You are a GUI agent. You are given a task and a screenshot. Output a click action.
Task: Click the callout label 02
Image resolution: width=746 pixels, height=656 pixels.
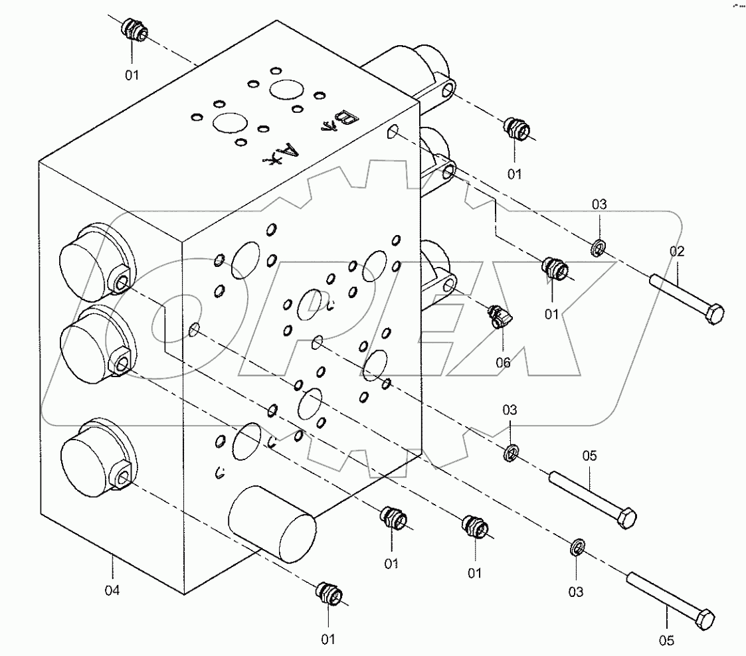676,252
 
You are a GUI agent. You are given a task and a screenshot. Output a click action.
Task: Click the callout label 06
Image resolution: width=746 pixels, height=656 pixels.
503,362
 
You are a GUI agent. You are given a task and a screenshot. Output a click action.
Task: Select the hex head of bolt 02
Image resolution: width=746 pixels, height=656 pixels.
713,313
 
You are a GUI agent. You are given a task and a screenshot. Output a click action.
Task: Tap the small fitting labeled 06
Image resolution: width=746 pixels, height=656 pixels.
498,315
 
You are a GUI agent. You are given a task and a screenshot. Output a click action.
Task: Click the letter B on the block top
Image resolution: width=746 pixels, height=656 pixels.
347,120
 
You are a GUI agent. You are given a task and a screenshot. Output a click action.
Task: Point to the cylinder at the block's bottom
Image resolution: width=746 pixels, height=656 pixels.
272,524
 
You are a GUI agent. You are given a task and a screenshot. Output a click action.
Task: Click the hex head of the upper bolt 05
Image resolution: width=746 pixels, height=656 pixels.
626,517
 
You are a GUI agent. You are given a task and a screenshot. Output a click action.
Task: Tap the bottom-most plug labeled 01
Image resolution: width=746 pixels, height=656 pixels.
329,592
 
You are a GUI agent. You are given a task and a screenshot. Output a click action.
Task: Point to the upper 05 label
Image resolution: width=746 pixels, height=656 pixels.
590,455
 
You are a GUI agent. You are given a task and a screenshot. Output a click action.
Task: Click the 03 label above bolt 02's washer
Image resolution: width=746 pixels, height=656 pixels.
599,205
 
